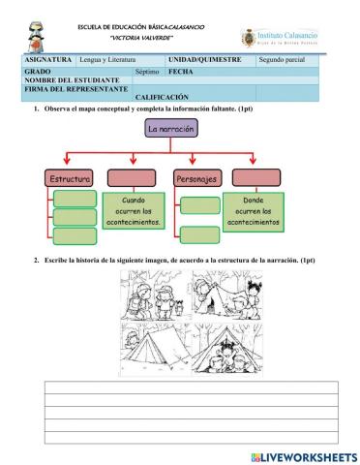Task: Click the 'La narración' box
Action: pos(171,129)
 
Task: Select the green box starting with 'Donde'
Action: pos(255,209)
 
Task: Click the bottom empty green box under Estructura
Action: pos(74,235)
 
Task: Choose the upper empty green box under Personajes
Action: pos(200,204)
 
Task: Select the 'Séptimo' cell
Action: pos(147,72)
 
